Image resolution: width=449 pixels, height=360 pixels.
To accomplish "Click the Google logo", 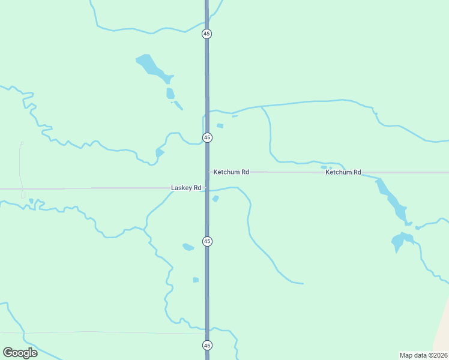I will tap(20, 353).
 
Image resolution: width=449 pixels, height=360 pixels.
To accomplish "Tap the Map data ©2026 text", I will tap(423, 355).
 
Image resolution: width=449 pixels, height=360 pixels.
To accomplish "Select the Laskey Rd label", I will tap(185, 188).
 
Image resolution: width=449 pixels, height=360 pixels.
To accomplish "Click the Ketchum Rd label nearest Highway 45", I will tap(231, 172).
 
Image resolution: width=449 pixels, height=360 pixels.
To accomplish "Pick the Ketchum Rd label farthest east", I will tap(343, 172).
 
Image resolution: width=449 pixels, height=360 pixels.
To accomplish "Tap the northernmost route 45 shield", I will tap(206, 34).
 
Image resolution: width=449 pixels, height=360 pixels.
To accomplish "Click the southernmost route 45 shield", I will tap(207, 345).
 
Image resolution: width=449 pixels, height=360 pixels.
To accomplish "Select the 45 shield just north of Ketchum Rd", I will tap(207, 137).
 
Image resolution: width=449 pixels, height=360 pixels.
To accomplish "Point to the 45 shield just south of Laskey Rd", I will tap(207, 241).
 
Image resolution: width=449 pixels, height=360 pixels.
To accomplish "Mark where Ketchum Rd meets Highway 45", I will tap(208, 172).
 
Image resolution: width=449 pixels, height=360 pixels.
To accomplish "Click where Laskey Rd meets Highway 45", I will tap(206, 188).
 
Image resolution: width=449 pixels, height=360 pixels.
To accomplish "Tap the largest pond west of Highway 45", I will tap(152, 67).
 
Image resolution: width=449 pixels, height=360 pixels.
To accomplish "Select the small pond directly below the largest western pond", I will tap(170, 94).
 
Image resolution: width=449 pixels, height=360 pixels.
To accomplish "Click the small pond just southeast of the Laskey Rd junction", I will tap(215, 199).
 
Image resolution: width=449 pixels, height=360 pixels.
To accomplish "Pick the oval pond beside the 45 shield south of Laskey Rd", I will tap(188, 247).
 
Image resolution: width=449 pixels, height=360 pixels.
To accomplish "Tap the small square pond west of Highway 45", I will tap(196, 280).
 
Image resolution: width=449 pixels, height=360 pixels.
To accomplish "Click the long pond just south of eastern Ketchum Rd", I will tap(391, 200).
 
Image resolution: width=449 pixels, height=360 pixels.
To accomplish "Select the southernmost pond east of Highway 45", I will tap(400, 241).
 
